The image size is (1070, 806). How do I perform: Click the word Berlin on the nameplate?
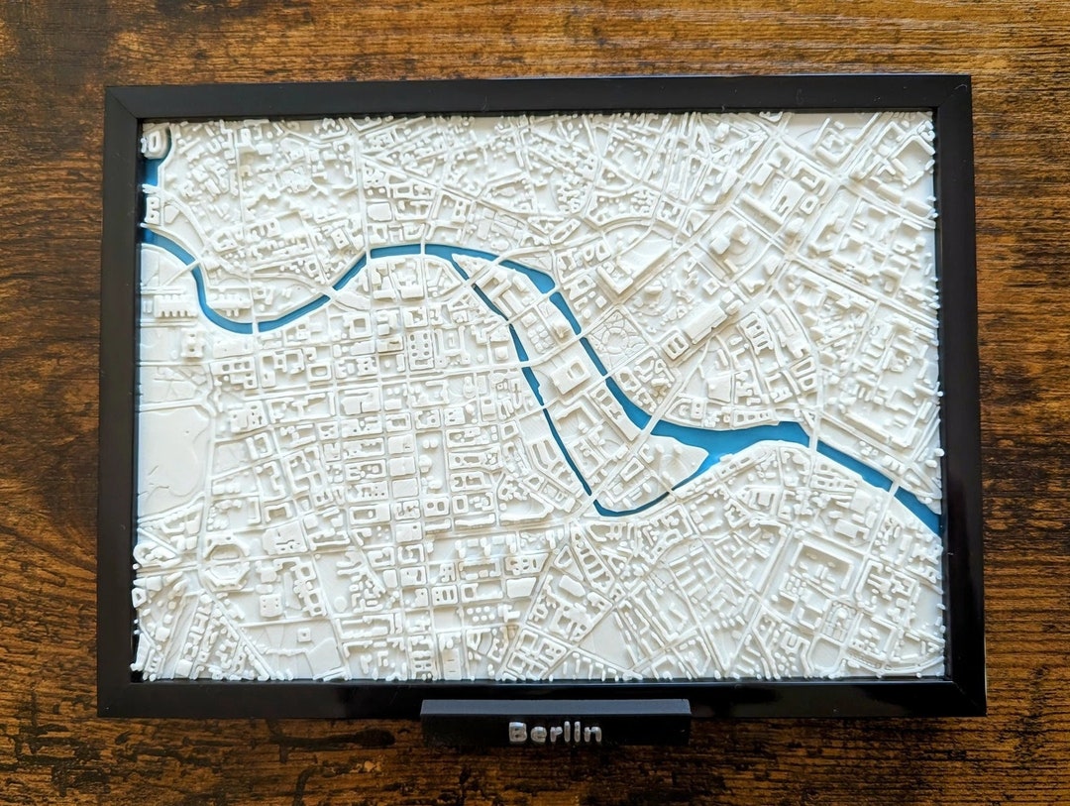(555, 734)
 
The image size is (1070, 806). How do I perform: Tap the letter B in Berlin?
(517, 734)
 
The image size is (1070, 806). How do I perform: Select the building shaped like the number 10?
(154, 143)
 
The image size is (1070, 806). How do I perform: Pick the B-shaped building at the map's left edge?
(153, 208)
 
